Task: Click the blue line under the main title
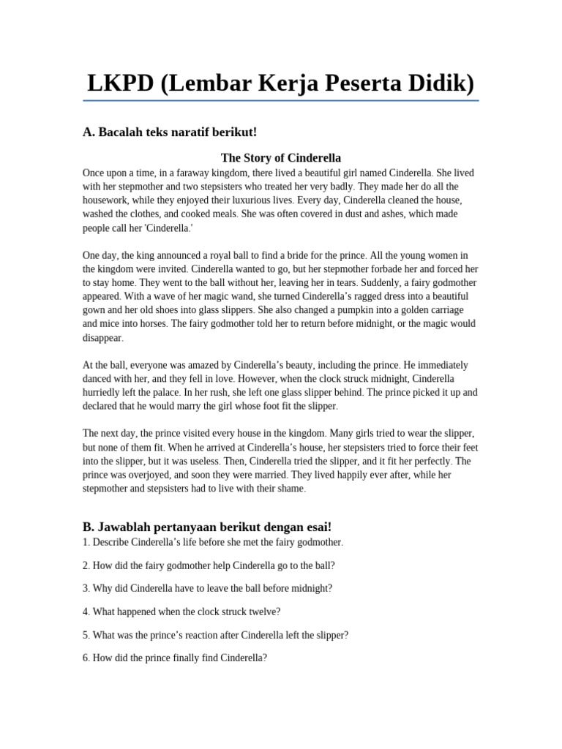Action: click(282, 100)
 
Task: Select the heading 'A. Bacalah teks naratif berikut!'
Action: click(170, 132)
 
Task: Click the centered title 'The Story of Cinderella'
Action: click(281, 157)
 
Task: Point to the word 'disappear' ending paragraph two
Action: click(102, 338)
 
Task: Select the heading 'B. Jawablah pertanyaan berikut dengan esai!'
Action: click(207, 527)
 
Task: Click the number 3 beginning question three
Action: click(86, 588)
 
